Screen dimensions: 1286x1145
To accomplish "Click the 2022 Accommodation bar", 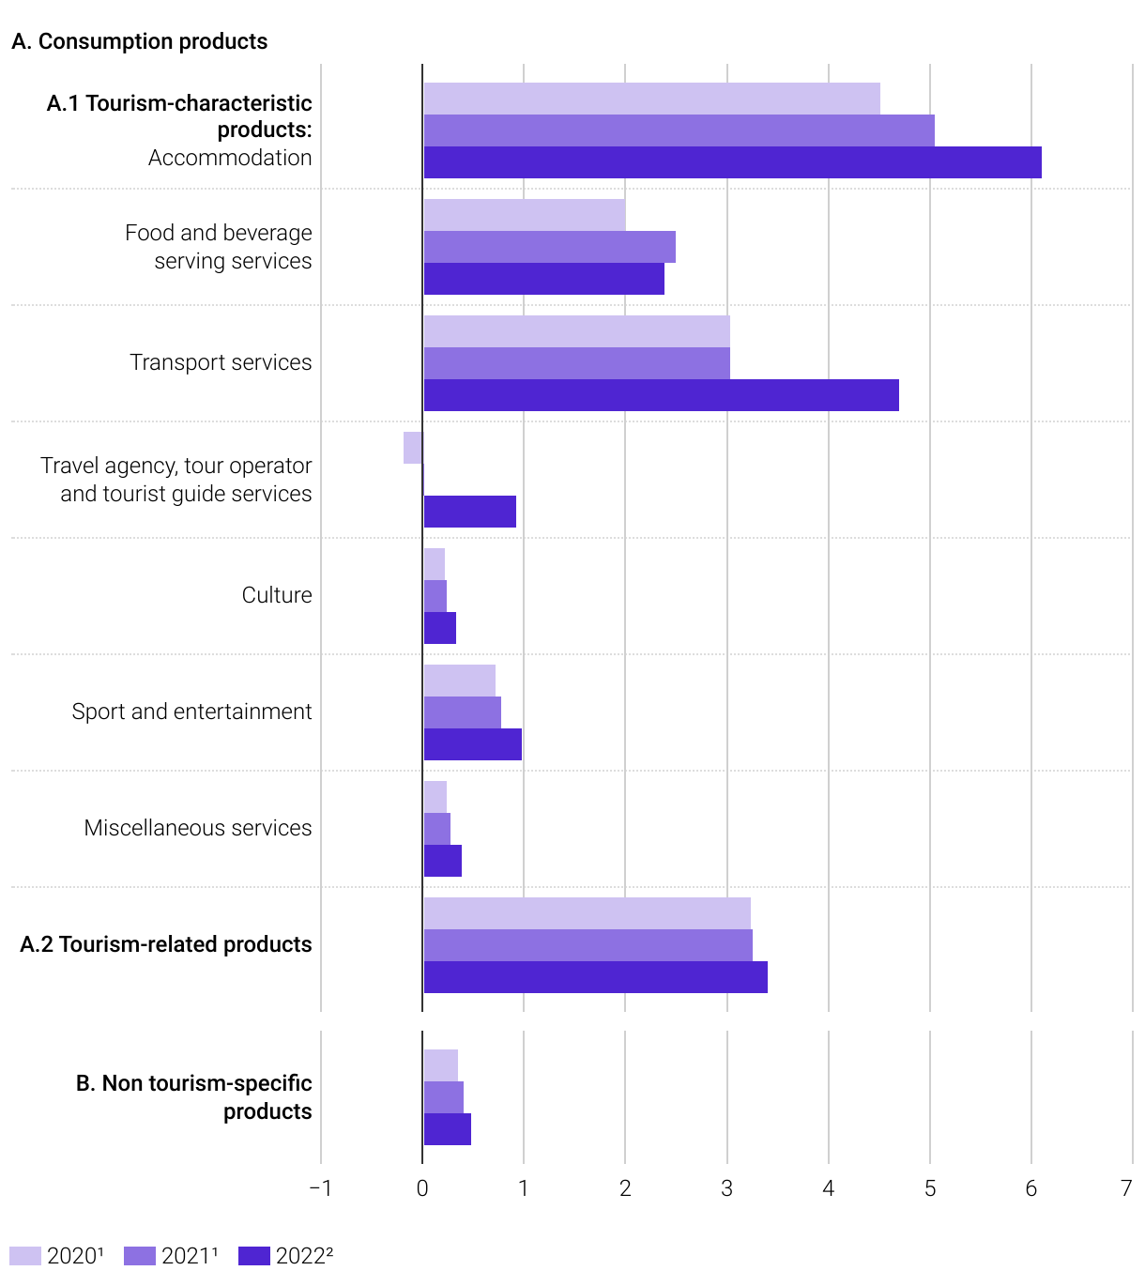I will point(732,162).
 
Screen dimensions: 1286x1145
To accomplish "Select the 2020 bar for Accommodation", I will point(651,99).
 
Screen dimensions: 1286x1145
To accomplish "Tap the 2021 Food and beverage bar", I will point(549,247).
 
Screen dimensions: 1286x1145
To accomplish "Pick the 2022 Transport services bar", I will point(661,395).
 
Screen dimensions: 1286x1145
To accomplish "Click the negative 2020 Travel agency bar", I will point(413,448).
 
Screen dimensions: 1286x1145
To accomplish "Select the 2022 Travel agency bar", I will point(469,512).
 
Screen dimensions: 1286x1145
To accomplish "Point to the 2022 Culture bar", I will point(439,628).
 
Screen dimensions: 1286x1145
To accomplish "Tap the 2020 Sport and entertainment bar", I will point(459,681).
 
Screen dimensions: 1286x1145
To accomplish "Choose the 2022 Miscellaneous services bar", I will point(442,861).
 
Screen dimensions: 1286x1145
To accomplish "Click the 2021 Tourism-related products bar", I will point(588,945).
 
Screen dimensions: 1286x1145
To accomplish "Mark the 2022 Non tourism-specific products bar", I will point(447,1129).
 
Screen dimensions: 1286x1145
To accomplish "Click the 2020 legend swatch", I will point(25,1256).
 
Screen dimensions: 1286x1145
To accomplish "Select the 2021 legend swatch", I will point(139,1256).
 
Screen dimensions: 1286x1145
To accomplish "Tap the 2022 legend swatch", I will point(253,1256).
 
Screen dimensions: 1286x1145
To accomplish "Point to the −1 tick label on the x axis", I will point(320,1188).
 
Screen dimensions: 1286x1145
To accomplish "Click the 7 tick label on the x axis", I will point(1126,1188).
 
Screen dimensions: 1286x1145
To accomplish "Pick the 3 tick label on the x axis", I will point(727,1188).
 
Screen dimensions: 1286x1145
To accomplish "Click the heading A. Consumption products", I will point(140,41).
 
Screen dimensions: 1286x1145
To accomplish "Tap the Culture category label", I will point(277,595).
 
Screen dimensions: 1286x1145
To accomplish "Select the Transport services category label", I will point(221,362).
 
